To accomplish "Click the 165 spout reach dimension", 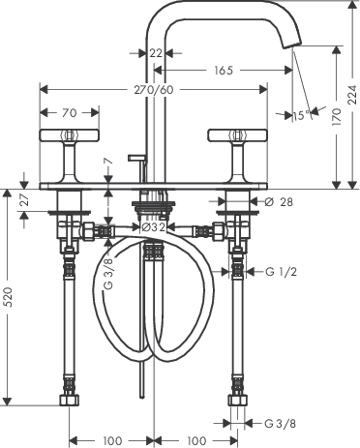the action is click(224, 70).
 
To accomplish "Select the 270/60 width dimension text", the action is click(154, 90).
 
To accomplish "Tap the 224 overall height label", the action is click(352, 95).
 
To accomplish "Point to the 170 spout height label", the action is click(336, 117).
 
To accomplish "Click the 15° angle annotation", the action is click(302, 115).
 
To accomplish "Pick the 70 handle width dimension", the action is click(70, 113).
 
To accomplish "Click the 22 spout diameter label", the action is click(156, 53).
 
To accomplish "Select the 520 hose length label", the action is click(8, 297).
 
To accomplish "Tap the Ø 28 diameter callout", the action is click(279, 202).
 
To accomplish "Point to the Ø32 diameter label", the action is click(154, 227).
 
